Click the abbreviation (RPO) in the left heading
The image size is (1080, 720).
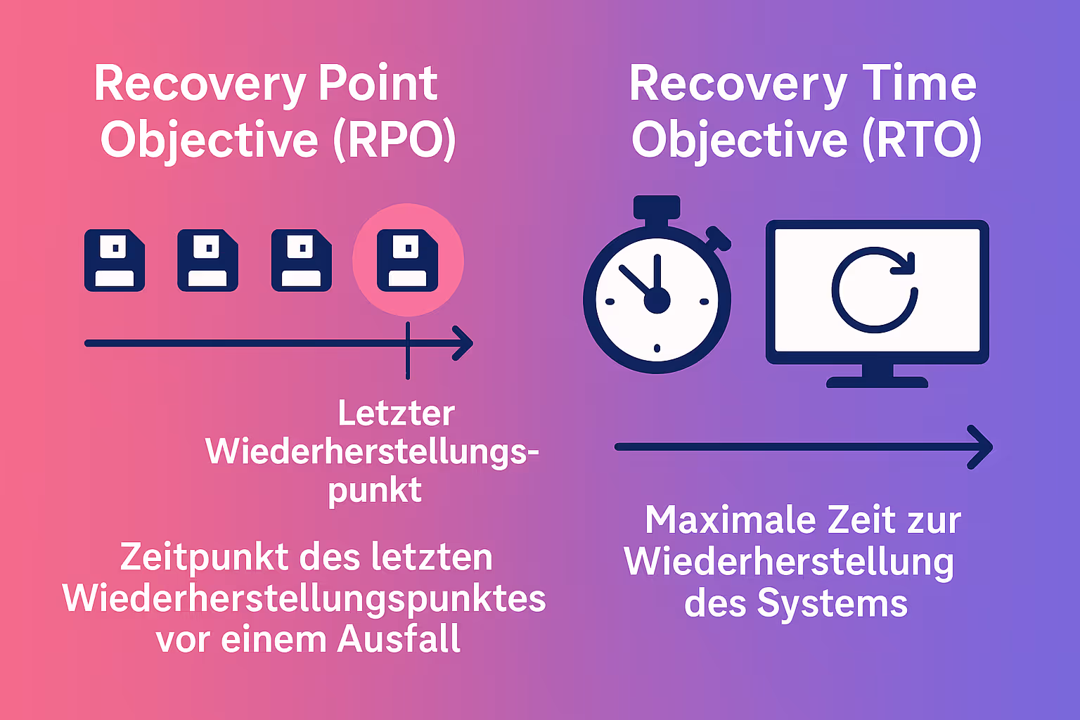394,140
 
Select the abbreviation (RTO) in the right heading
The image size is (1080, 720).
922,140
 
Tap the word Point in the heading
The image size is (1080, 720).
378,84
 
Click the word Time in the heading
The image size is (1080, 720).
919,84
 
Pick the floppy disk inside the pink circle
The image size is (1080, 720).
408,260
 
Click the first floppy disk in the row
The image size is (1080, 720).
115,260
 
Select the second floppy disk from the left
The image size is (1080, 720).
207,260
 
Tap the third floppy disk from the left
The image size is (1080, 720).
302,260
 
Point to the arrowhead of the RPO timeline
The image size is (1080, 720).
464,343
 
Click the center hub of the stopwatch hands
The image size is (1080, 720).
657,300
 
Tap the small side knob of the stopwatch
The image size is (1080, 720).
719,239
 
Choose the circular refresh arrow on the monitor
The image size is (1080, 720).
875,290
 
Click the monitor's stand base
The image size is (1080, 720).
877,382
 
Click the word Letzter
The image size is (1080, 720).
396,413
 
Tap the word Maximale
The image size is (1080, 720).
729,520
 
